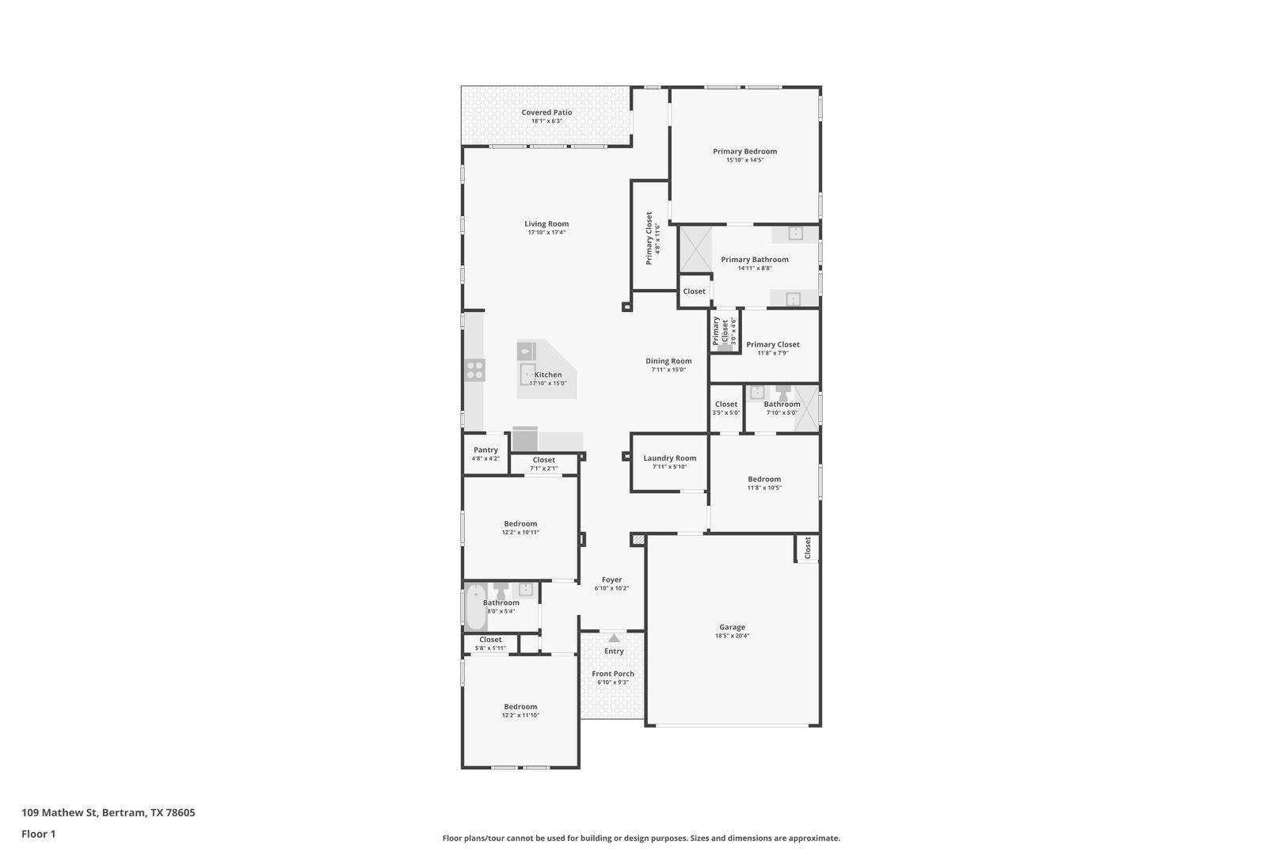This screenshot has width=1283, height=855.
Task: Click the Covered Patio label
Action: point(546,112)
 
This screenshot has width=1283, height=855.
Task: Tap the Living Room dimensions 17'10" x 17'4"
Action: point(546,233)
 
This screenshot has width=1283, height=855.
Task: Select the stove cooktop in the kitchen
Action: point(475,370)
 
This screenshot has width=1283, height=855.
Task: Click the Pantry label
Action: point(485,450)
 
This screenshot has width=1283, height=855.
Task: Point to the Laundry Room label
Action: point(669,458)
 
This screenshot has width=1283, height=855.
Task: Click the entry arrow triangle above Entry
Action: point(614,638)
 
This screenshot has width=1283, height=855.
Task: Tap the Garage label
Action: point(732,627)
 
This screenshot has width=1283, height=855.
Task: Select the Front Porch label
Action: point(613,674)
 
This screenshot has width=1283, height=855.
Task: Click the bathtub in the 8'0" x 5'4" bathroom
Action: point(476,606)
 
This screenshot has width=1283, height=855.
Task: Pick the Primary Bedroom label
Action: point(744,151)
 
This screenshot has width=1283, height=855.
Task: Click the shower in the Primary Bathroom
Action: point(696,249)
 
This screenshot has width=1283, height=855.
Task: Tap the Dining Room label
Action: point(668,361)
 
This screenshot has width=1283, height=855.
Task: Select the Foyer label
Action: point(611,579)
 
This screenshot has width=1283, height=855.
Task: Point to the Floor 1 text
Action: point(39,834)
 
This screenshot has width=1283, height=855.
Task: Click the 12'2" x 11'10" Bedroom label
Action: point(520,707)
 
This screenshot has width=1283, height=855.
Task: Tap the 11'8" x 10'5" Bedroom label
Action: point(764,479)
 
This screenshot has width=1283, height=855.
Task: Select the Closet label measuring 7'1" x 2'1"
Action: point(544,460)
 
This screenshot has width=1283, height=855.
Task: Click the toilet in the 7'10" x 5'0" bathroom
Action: point(783,393)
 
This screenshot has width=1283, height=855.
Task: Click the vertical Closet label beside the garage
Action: point(807,548)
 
